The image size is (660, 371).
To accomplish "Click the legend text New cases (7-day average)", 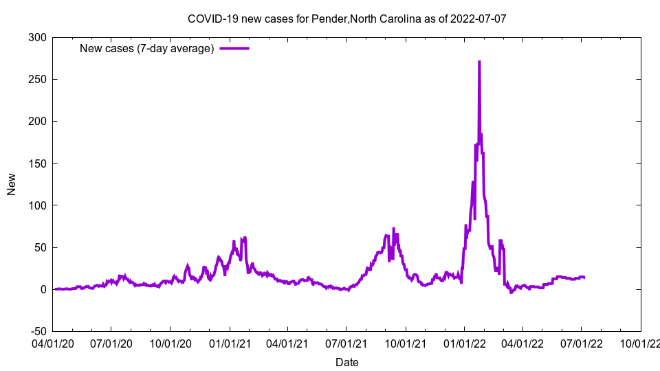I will [x=147, y=48].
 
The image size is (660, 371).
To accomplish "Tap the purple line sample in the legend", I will [x=234, y=48].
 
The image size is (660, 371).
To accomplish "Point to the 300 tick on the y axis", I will [x=38, y=37].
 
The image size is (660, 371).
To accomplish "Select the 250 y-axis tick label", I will [x=38, y=79].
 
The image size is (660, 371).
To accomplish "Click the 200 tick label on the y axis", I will [x=38, y=121].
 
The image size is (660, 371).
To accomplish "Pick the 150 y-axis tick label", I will [x=38, y=163].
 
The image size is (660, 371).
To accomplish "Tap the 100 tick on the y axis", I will [x=38, y=205].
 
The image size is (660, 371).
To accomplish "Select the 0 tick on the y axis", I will [x=43, y=289].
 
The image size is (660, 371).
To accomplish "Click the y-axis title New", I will [x=12, y=184].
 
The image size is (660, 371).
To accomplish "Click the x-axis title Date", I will [x=346, y=362].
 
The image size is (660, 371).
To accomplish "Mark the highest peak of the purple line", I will [x=479, y=62].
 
